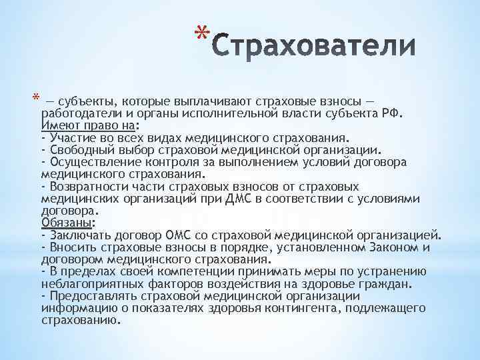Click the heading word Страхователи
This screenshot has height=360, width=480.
[x=317, y=47]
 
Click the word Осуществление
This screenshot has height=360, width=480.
[x=91, y=162]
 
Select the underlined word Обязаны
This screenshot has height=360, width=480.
[x=66, y=223]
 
